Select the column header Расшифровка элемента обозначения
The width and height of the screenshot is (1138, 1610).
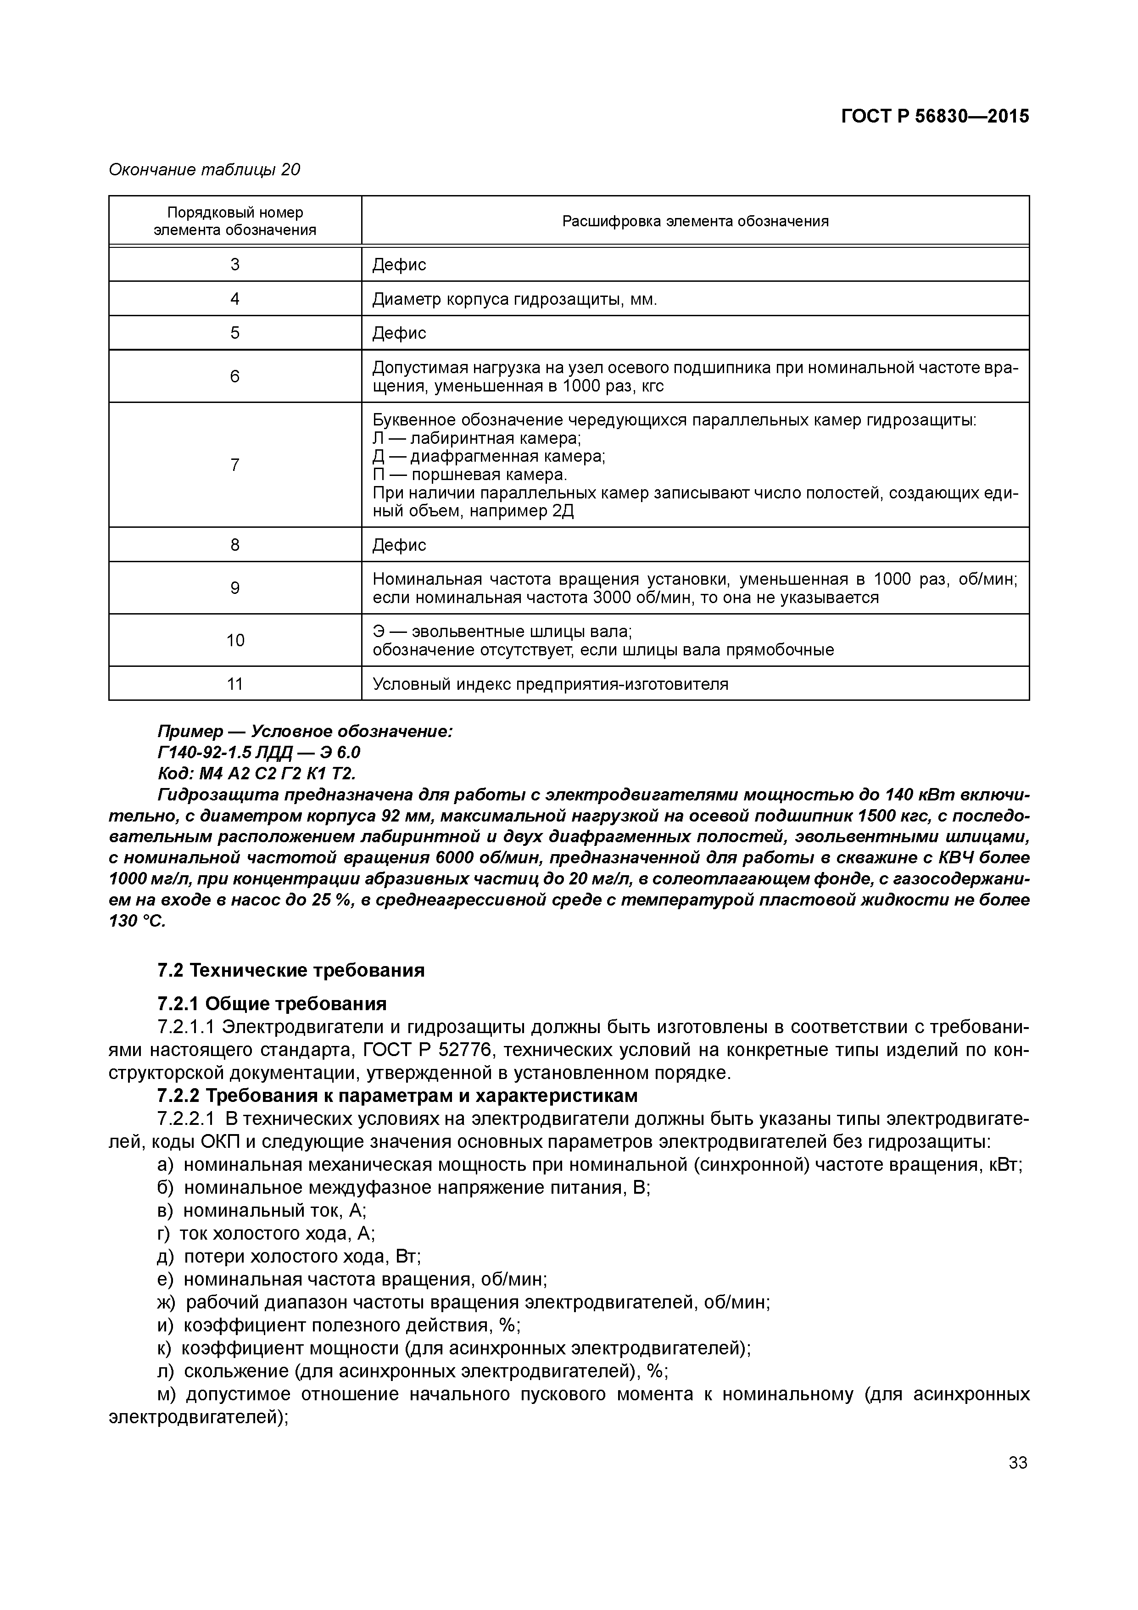(x=695, y=222)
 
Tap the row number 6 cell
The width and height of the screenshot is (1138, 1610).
(x=235, y=376)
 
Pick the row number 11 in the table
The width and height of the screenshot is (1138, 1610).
(x=235, y=684)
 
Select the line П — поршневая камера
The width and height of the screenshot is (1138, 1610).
(x=470, y=475)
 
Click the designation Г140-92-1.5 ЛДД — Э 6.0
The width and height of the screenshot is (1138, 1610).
(x=259, y=752)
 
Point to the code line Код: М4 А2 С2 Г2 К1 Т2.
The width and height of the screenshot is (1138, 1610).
(x=257, y=773)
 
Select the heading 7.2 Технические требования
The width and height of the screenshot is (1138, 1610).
(x=291, y=971)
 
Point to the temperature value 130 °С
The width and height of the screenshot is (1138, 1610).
(x=137, y=922)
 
